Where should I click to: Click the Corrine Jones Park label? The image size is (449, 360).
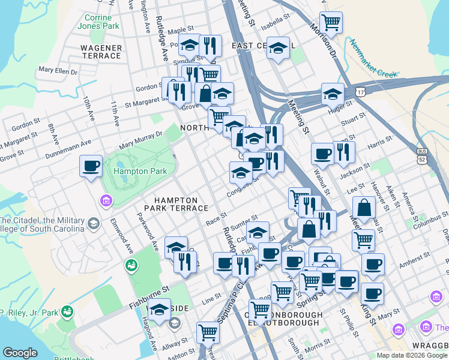[98, 22]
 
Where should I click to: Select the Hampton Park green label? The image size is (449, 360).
[127, 170]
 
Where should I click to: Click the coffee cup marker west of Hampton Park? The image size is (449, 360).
[91, 166]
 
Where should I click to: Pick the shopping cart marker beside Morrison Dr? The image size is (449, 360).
[331, 23]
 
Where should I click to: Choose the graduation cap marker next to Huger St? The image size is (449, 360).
[333, 94]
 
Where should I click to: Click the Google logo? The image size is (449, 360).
[20, 353]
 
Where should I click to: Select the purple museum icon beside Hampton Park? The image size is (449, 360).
[106, 200]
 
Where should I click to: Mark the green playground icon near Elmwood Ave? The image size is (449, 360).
[130, 265]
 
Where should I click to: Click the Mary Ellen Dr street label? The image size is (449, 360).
[58, 71]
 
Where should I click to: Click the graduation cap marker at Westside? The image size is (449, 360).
[160, 310]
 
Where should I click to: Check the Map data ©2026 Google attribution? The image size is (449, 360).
[412, 355]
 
